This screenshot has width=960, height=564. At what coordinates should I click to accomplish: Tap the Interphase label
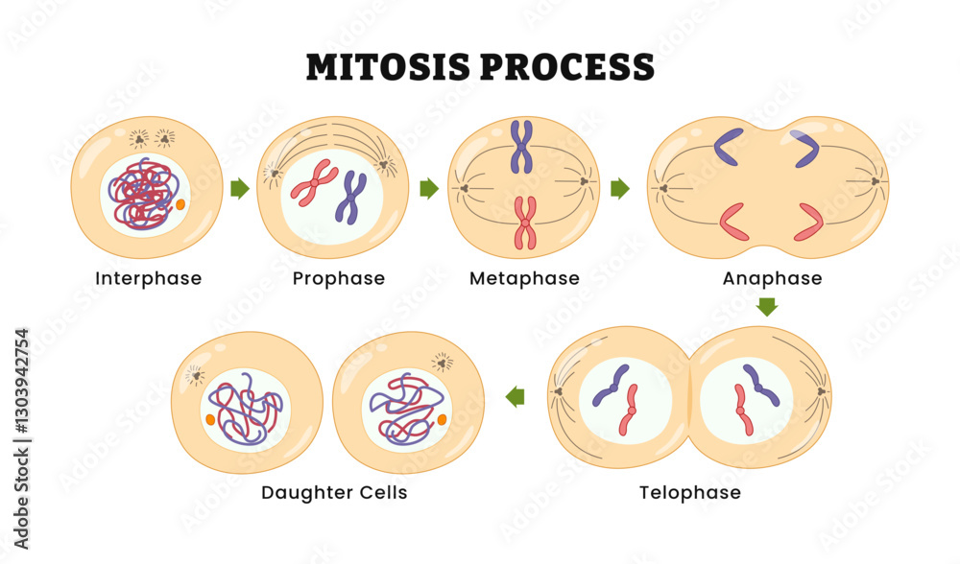(x=149, y=279)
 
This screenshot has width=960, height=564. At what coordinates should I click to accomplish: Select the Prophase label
(x=338, y=279)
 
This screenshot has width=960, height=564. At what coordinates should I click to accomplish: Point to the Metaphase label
(x=524, y=279)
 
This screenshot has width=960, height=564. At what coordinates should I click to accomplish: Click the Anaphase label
(x=773, y=279)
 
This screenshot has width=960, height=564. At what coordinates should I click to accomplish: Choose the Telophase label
(x=690, y=493)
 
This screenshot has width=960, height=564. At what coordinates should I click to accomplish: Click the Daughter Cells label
(x=334, y=493)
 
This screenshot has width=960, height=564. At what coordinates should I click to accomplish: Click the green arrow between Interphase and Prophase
(x=240, y=189)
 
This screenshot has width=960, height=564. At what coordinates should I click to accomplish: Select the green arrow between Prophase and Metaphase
(x=429, y=189)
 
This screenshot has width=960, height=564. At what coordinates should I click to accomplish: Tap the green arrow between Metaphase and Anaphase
(x=620, y=189)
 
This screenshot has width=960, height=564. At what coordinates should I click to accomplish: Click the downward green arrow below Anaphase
(x=766, y=307)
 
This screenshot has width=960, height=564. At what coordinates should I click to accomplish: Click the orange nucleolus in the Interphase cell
(x=180, y=204)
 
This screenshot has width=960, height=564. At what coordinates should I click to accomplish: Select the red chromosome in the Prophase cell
(x=314, y=182)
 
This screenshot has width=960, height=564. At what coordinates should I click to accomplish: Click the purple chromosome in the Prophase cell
(x=350, y=197)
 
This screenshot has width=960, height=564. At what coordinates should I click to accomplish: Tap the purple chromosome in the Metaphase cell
(x=521, y=147)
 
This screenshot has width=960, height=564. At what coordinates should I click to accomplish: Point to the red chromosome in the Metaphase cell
(x=524, y=223)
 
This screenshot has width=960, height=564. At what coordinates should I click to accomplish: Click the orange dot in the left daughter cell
(x=210, y=420)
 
